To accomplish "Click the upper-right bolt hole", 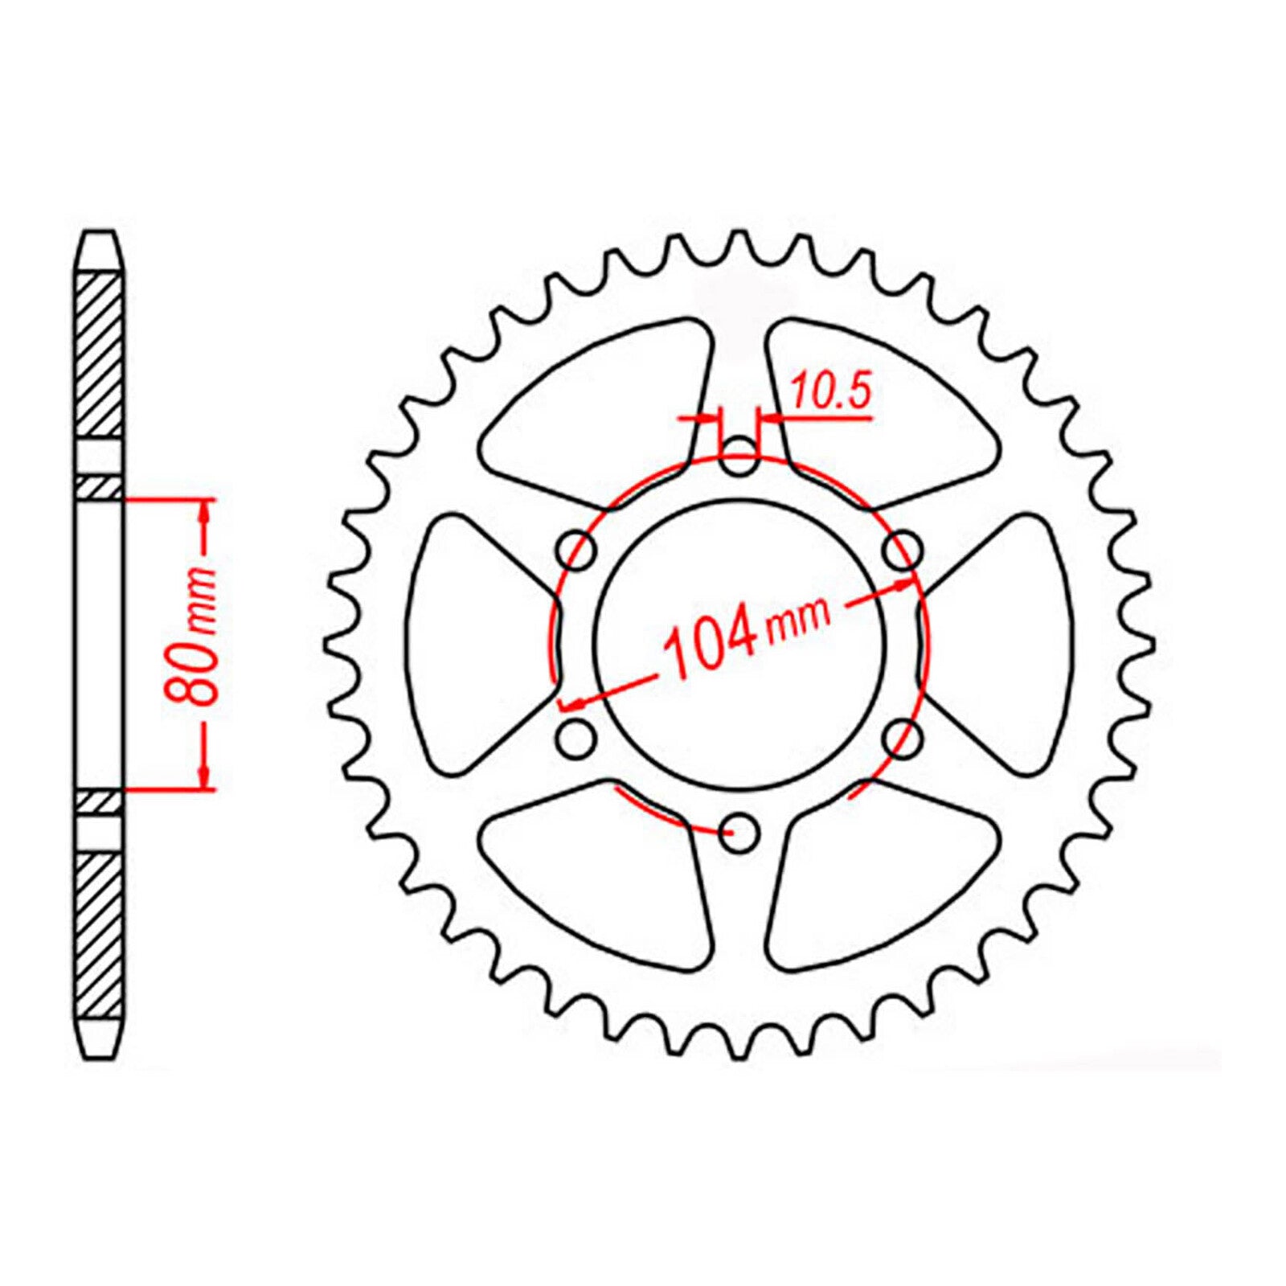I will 902,551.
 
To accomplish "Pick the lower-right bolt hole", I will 902,738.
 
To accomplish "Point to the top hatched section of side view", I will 100,354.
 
